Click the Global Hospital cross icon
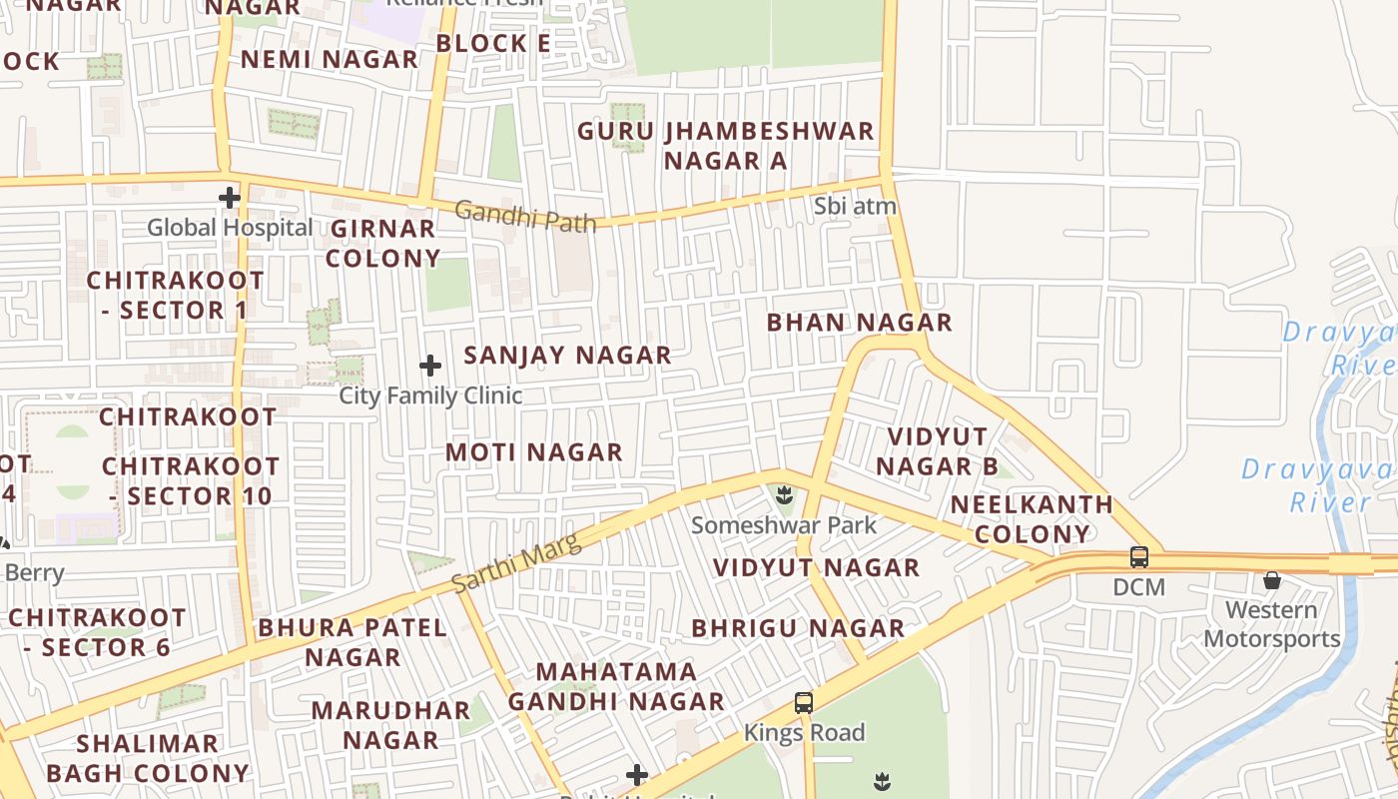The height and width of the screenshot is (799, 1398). pyautogui.click(x=230, y=197)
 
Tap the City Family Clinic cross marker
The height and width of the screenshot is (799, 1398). pyautogui.click(x=430, y=366)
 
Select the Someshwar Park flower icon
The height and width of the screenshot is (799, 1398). pyautogui.click(x=785, y=493)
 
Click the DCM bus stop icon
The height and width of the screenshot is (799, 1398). pyautogui.click(x=1139, y=557)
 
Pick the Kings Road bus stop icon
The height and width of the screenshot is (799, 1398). pyautogui.click(x=804, y=702)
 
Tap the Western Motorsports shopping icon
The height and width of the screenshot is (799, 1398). pyautogui.click(x=1272, y=580)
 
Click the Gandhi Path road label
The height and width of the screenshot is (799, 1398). pyautogui.click(x=525, y=216)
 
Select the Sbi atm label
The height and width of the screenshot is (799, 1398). pyautogui.click(x=855, y=207)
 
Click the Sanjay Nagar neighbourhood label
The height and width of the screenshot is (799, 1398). pyautogui.click(x=567, y=356)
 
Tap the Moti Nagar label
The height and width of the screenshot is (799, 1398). pyautogui.click(x=534, y=452)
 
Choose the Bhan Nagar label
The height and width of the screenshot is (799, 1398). pyautogui.click(x=859, y=323)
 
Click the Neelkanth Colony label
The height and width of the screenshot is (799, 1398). pyautogui.click(x=1032, y=519)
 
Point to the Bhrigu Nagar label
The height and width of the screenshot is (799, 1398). pyautogui.click(x=799, y=628)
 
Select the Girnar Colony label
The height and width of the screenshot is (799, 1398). pyautogui.click(x=383, y=244)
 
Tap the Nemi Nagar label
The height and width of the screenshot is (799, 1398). pyautogui.click(x=330, y=59)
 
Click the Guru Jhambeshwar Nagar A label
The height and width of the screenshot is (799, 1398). pyautogui.click(x=726, y=146)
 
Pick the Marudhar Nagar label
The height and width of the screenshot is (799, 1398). pyautogui.click(x=390, y=725)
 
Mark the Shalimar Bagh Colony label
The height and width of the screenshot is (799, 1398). pyautogui.click(x=148, y=758)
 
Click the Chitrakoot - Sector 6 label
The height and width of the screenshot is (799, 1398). pyautogui.click(x=97, y=632)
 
